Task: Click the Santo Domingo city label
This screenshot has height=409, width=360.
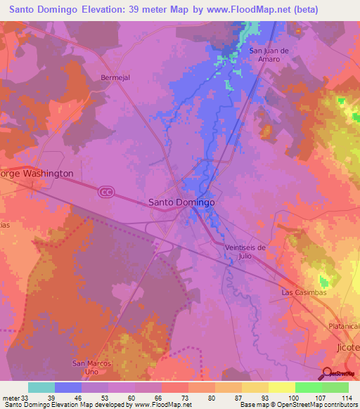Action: (x=181, y=202)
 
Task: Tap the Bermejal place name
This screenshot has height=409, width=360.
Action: (x=116, y=77)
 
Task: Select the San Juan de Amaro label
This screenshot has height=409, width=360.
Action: (x=270, y=55)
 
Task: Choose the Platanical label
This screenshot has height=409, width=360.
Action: (x=344, y=327)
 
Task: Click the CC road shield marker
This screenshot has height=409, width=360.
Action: (x=106, y=192)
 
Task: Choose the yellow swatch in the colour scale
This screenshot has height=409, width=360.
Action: (x=282, y=387)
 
